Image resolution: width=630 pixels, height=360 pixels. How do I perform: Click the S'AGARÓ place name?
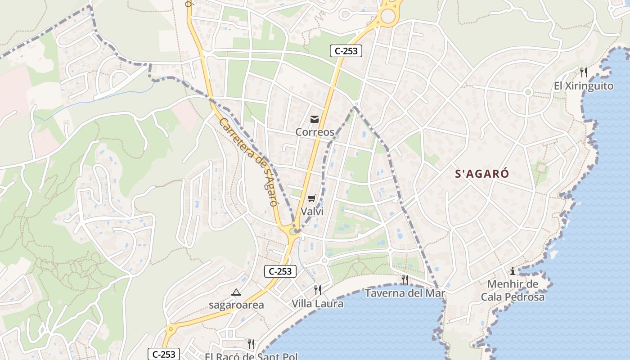(482, 174)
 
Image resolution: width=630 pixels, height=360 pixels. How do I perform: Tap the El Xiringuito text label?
(584, 86)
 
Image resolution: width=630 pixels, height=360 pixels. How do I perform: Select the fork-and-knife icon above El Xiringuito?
(584, 72)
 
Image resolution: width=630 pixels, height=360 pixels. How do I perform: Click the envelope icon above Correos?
(315, 119)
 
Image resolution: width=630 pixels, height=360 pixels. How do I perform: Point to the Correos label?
(315, 132)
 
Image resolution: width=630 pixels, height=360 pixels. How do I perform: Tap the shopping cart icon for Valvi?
(312, 198)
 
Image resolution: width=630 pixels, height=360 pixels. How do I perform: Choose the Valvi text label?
(312, 211)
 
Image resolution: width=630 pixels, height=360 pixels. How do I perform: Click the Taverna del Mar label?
(405, 293)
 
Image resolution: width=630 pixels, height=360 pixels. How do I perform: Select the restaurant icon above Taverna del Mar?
(405, 279)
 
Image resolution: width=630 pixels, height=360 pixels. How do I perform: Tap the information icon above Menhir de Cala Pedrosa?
(512, 271)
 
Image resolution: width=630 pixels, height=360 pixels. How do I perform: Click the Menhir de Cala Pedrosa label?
(513, 291)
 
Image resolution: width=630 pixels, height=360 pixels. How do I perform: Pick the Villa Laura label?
(317, 304)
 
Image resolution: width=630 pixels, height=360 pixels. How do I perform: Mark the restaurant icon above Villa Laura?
(318, 290)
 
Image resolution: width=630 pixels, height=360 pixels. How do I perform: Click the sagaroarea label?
(236, 305)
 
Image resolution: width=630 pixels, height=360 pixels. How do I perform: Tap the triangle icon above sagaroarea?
(236, 292)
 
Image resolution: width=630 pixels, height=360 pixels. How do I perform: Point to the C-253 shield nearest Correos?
(346, 51)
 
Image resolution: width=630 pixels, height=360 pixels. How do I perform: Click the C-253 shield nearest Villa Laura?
(280, 271)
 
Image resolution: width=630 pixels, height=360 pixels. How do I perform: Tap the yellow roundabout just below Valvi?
(294, 231)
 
